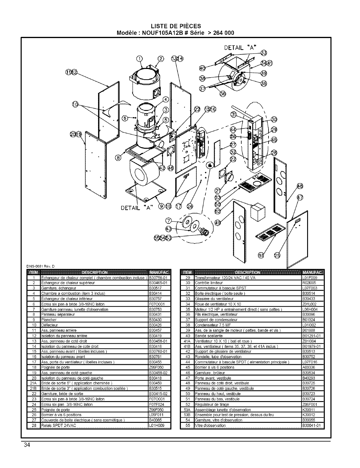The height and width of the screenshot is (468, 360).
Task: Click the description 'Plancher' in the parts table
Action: tap(49, 320)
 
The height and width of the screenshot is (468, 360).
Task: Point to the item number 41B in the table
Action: tap(187, 346)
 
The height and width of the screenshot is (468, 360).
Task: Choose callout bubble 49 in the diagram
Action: tap(218, 223)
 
